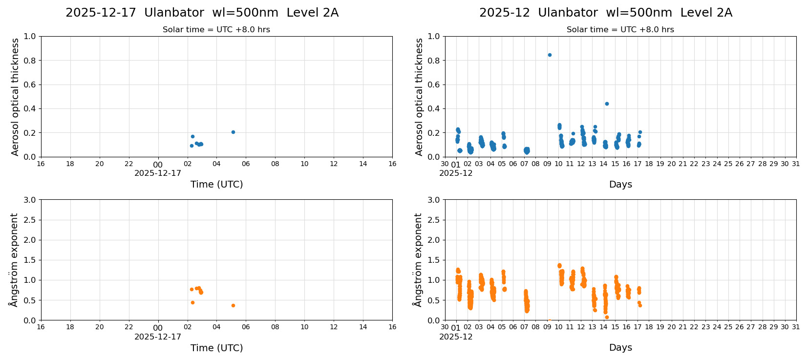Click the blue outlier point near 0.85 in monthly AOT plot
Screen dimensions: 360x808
pos(550,55)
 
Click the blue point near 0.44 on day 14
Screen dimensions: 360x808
pos(607,104)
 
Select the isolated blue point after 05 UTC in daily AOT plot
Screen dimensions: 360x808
pos(233,132)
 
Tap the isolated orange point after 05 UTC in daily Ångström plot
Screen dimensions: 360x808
pos(233,305)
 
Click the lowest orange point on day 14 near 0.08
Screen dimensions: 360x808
pos(607,317)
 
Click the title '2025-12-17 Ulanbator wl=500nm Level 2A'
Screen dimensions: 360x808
pos(202,13)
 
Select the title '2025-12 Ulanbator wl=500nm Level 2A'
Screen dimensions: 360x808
pos(606,13)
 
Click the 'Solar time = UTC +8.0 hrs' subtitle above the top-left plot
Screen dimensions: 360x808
pos(216,30)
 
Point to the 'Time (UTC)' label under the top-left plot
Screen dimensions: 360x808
pos(216,184)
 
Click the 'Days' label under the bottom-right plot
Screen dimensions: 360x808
pos(620,348)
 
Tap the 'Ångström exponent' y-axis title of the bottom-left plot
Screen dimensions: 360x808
pos(14,260)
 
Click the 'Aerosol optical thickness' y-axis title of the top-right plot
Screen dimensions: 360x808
pos(419,97)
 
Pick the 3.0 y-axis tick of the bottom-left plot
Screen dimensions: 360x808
pos(30,200)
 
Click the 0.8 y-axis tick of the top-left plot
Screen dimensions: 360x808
pos(30,61)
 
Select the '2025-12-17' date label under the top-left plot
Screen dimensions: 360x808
pos(158,173)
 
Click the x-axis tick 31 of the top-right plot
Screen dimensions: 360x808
pos(796,164)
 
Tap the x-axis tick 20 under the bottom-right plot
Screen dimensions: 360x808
pos(671,327)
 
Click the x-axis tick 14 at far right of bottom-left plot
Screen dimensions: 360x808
pos(363,327)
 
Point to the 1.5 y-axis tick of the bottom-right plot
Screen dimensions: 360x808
pos(434,260)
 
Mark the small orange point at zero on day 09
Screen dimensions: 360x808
pos(549,320)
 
